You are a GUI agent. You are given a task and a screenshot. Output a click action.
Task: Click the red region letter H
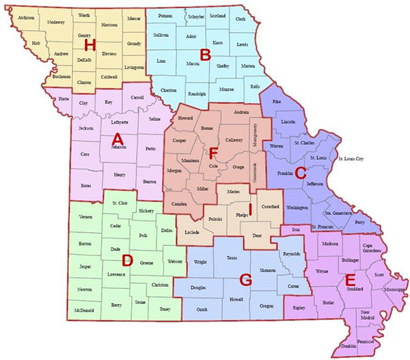click(88, 45)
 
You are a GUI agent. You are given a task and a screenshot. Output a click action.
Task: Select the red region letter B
click(204, 53)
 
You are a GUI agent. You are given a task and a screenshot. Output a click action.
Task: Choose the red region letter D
click(126, 260)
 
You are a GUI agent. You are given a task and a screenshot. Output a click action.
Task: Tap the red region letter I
click(250, 208)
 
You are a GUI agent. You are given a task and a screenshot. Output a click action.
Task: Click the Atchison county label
click(26, 17)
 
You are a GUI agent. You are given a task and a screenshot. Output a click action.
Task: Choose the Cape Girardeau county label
click(369, 249)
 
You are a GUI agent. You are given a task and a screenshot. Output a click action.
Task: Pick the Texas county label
click(231, 258)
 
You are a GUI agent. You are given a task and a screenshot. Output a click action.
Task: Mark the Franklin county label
click(285, 174)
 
